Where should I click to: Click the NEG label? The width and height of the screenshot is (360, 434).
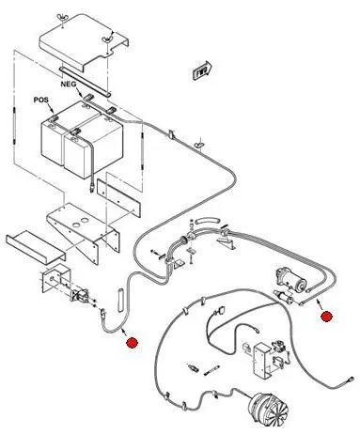[x=68, y=85]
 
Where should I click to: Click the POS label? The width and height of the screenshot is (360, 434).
[x=41, y=100]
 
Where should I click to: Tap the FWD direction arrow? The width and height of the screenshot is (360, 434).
[x=202, y=70]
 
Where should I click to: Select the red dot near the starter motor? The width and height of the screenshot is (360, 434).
[x=326, y=317]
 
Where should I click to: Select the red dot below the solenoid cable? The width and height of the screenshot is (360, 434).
[x=132, y=343]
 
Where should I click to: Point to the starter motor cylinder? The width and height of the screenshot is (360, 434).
[x=290, y=280]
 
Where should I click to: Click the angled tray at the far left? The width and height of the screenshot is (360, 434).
[x=36, y=246]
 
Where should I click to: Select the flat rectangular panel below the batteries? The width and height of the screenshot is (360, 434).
[x=118, y=198]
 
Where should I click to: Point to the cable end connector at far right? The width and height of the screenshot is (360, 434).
[x=350, y=380]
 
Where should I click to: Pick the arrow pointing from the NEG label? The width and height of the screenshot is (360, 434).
[x=78, y=92]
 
